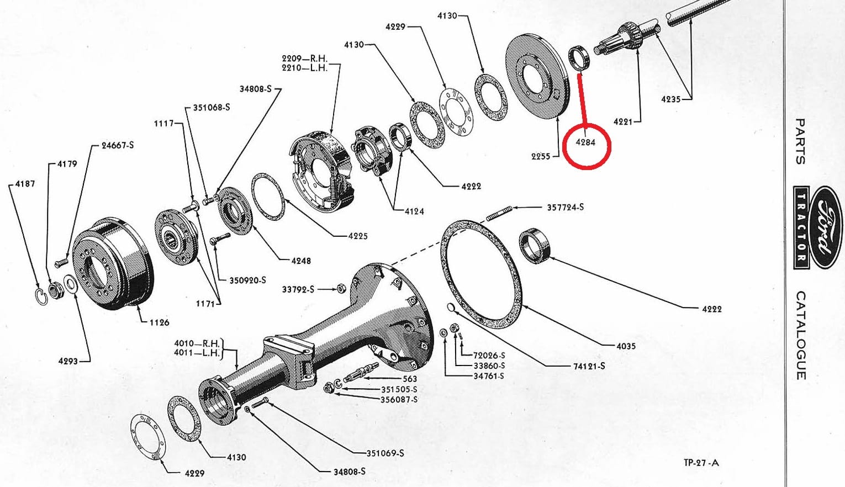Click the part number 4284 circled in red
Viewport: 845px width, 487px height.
[585, 142]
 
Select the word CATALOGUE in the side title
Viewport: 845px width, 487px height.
[801, 335]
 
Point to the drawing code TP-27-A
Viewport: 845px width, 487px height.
[701, 463]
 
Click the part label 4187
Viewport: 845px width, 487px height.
[25, 184]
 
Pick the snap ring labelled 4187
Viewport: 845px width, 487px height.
[42, 296]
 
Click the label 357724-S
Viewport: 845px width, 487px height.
[566, 207]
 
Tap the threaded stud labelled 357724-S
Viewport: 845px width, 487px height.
[499, 213]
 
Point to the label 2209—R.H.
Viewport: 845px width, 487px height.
[304, 59]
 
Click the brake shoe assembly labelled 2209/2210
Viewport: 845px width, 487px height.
[322, 172]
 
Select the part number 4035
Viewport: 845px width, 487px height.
[626, 346]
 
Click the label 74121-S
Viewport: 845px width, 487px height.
[589, 366]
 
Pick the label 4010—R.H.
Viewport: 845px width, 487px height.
[197, 343]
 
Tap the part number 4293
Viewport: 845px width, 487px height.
[68, 361]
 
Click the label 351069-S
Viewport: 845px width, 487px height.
[385, 453]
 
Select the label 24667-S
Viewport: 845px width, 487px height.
[118, 145]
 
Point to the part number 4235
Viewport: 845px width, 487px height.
[670, 99]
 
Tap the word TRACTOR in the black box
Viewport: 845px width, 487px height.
[801, 227]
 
